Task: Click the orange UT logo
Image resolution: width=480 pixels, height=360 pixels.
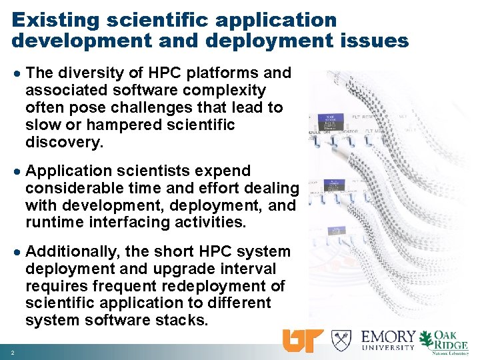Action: coord(303,340)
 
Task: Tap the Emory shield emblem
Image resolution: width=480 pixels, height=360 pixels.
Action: coord(341,340)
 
